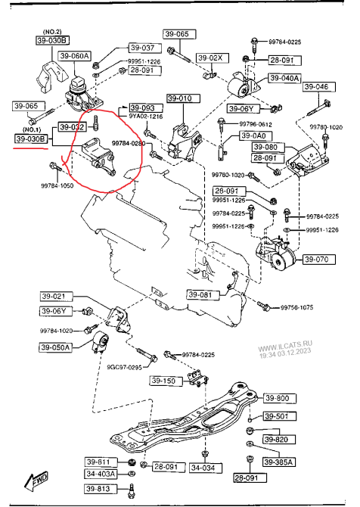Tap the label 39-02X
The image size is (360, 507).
click(211, 58)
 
